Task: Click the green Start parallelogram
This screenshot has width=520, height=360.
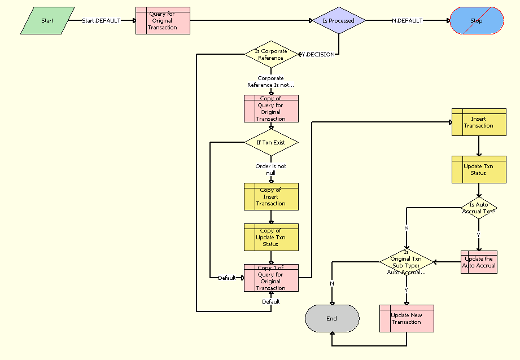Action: click(47, 21)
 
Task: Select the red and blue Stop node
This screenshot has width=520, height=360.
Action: click(477, 21)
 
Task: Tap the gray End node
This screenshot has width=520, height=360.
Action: click(332, 318)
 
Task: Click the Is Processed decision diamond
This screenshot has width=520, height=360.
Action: click(339, 21)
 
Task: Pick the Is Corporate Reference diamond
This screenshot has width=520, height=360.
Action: click(271, 54)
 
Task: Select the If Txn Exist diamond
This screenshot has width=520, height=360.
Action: click(271, 143)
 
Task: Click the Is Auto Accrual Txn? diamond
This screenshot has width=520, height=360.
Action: click(479, 208)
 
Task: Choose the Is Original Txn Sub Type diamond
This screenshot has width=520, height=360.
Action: click(407, 262)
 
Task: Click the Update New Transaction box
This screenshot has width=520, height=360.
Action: click(407, 319)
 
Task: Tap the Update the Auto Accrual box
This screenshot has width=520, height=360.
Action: click(479, 262)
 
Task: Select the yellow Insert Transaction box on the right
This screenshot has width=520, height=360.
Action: click(479, 122)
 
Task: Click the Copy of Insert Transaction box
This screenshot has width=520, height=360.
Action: click(271, 197)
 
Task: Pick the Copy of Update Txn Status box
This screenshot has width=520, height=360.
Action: click(271, 238)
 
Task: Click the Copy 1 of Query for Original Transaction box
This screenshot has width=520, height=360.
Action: click(271, 278)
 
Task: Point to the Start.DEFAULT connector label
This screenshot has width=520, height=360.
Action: click(102, 21)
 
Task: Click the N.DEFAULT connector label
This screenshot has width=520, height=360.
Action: click(407, 21)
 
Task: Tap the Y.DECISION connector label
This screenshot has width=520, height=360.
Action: click(318, 55)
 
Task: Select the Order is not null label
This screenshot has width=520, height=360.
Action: click(271, 169)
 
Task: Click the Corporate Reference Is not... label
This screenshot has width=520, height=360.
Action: click(271, 81)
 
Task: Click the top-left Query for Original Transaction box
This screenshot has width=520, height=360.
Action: click(163, 21)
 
